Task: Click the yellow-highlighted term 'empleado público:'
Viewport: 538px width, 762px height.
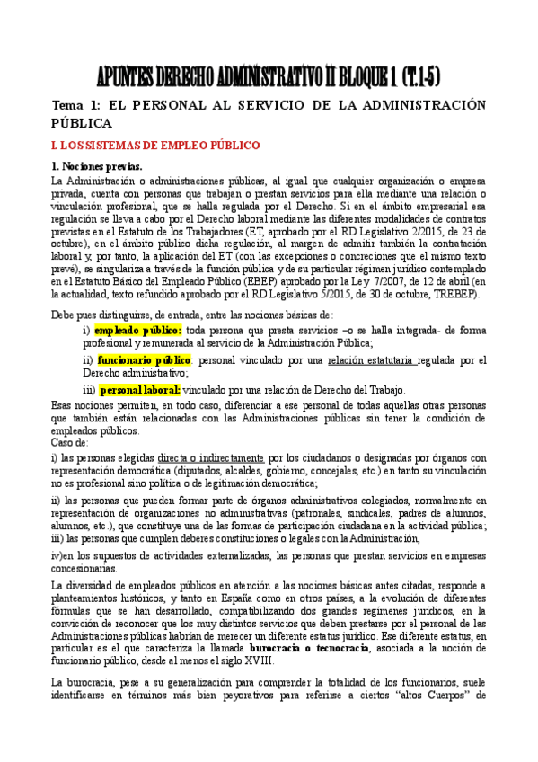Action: point(137,330)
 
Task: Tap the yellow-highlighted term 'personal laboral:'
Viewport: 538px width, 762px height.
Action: point(140,390)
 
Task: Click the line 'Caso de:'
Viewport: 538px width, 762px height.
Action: point(70,442)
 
